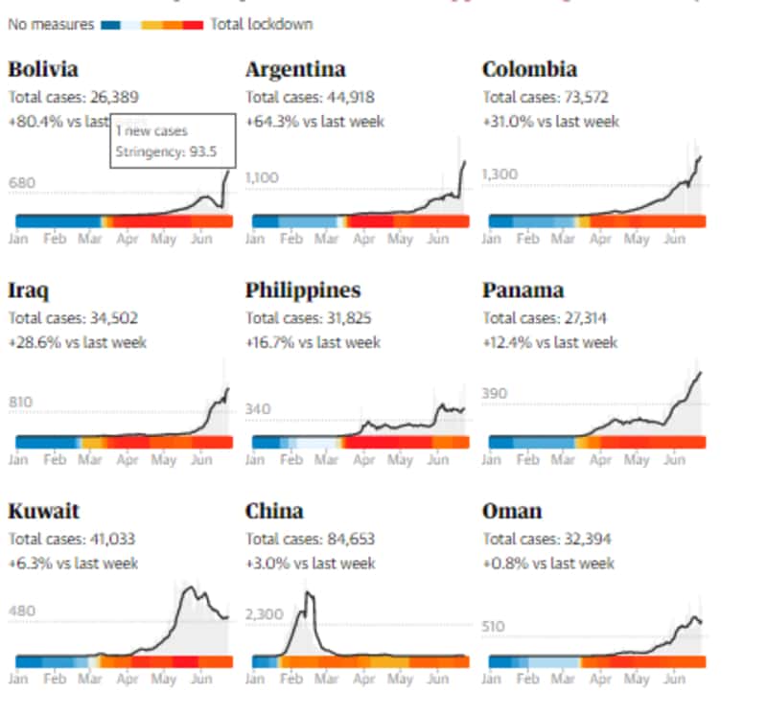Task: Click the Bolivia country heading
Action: tap(43, 70)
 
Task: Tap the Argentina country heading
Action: tap(295, 70)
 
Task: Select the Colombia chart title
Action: tap(530, 70)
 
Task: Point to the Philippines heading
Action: tap(303, 290)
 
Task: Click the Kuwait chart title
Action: tap(43, 511)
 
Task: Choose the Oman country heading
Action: tap(513, 511)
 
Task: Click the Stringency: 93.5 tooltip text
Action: tap(167, 150)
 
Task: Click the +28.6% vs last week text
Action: tap(77, 342)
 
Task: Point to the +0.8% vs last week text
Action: tap(549, 563)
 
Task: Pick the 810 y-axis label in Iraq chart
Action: tap(22, 402)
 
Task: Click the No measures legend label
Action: tap(50, 24)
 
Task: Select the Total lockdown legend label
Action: tap(262, 24)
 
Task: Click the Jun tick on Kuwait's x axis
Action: tap(200, 680)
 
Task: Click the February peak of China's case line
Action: tap(309, 593)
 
